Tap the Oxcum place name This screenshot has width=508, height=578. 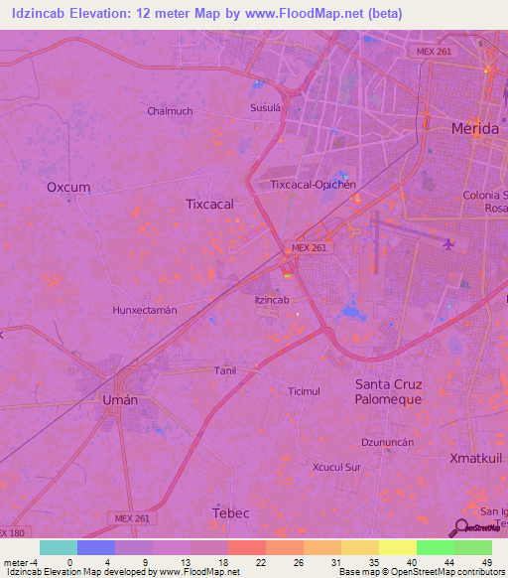click(x=68, y=187)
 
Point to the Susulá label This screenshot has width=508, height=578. click(x=266, y=106)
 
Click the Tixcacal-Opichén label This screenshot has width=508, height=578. click(x=313, y=185)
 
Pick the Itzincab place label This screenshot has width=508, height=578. click(x=272, y=299)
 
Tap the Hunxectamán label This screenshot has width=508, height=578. click(x=145, y=310)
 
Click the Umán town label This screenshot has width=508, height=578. click(x=120, y=398)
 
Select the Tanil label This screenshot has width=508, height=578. click(x=225, y=369)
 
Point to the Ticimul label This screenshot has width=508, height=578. click(x=304, y=391)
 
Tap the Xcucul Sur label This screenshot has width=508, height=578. click(x=339, y=466)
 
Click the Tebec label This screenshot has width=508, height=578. click(x=231, y=512)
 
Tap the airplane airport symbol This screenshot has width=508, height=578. click(x=449, y=242)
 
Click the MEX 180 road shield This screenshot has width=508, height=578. click(x=12, y=533)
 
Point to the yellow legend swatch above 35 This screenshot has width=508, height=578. click(x=359, y=547)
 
